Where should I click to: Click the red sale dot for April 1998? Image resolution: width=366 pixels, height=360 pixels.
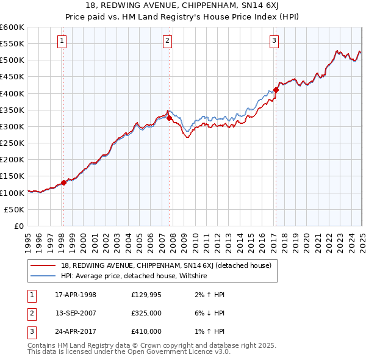point(64,182)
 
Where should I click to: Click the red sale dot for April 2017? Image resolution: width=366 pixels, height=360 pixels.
point(276,90)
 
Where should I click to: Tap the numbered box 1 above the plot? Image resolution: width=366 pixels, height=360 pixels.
point(62,41)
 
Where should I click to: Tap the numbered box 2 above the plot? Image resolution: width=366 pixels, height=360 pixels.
point(167,41)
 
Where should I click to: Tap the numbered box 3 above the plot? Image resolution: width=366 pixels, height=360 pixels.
point(274,41)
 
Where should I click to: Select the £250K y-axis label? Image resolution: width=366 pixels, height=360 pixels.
point(12,143)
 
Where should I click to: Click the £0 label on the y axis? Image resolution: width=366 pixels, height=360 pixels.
point(19,226)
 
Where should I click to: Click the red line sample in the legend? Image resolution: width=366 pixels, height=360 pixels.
point(43,265)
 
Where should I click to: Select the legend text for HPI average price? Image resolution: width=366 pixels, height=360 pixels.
point(134,276)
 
